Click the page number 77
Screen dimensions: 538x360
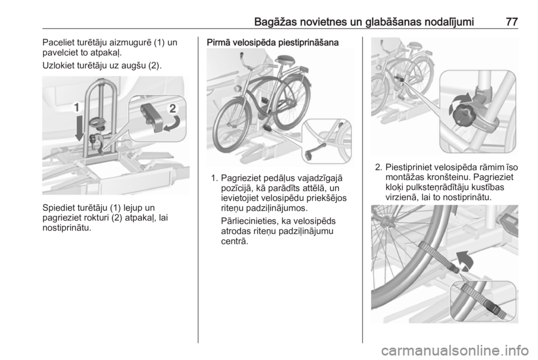pyautogui.click(x=512, y=22)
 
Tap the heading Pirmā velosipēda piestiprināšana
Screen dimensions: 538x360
pyautogui.click(x=273, y=43)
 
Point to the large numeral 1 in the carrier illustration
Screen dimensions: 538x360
pyautogui.click(x=77, y=108)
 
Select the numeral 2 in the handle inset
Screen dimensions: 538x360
pyautogui.click(x=173, y=108)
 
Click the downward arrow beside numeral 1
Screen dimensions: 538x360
pyautogui.click(x=79, y=128)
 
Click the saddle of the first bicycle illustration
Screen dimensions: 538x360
pyautogui.click(x=285, y=59)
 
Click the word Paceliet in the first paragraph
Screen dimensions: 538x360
pyautogui.click(x=57, y=43)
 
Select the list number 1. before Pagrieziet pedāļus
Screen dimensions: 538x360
pyautogui.click(x=215, y=178)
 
